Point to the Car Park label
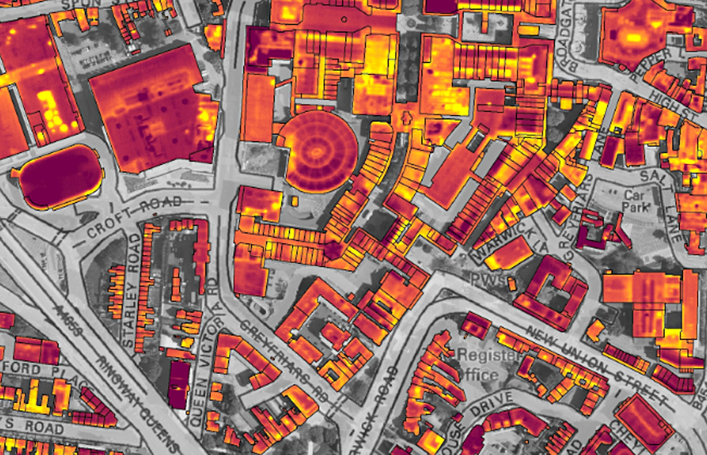(636, 201)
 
